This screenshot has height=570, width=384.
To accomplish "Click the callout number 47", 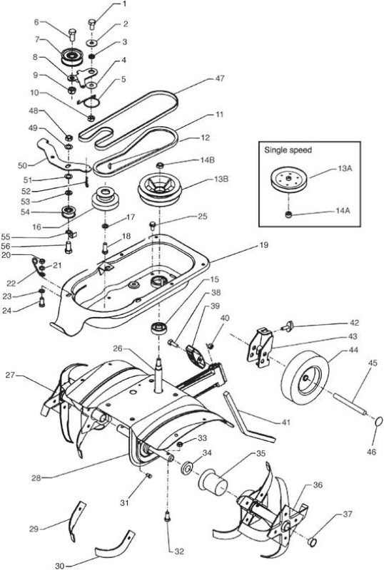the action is pyautogui.click(x=220, y=78).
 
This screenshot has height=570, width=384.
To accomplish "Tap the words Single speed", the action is pyautogui.click(x=288, y=150).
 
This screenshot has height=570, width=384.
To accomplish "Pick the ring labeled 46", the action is pyautogui.click(x=378, y=421).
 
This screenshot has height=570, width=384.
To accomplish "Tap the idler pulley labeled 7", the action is pyautogui.click(x=72, y=56).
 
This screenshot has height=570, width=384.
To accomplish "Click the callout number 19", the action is pyautogui.click(x=263, y=245).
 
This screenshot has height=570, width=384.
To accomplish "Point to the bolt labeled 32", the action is pyautogui.click(x=168, y=516).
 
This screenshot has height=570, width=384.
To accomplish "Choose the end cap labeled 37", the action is pyautogui.click(x=311, y=542).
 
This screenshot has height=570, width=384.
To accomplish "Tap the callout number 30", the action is pyautogui.click(x=60, y=566).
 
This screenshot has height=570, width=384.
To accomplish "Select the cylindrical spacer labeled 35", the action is pyautogui.click(x=213, y=482).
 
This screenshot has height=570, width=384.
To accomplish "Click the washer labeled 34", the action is pyautogui.click(x=187, y=468).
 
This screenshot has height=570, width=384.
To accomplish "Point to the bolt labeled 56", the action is pyautogui.click(x=68, y=247).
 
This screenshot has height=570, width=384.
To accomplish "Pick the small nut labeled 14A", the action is pyautogui.click(x=289, y=215).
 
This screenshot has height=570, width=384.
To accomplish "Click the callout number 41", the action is pyautogui.click(x=286, y=422).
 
